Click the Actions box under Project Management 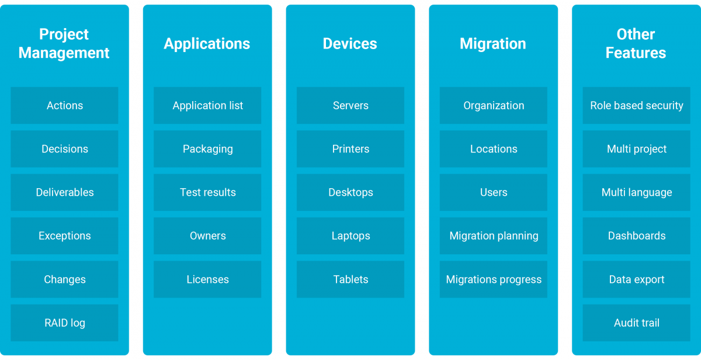click(64, 105)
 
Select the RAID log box click(64, 323)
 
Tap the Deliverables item click(64, 192)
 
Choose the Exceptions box click(64, 236)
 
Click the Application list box click(207, 105)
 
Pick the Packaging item click(207, 148)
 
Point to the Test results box click(207, 192)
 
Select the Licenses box click(207, 279)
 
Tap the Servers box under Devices click(350, 105)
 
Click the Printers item click(350, 148)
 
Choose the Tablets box click(350, 279)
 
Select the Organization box click(494, 105)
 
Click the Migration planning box click(494, 236)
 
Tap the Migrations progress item click(494, 279)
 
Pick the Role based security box click(637, 105)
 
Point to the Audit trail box click(637, 323)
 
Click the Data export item click(637, 279)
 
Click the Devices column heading click(350, 43)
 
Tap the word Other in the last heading click(636, 34)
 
